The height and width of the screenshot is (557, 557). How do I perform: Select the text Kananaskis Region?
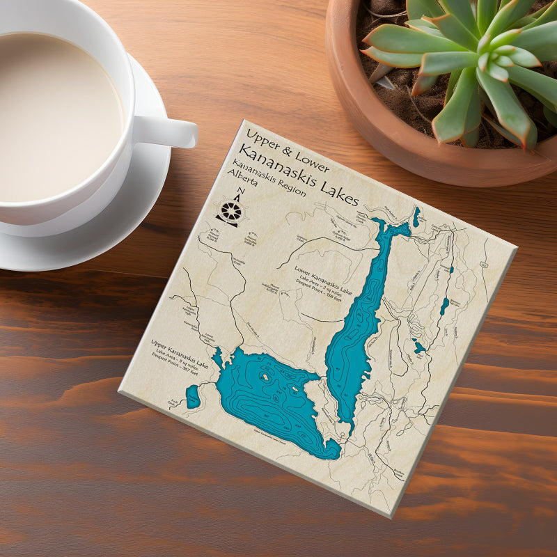[269, 178]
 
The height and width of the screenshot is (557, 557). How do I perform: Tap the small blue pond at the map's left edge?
[193, 398]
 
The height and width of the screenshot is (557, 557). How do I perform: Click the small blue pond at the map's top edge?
[416, 216]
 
